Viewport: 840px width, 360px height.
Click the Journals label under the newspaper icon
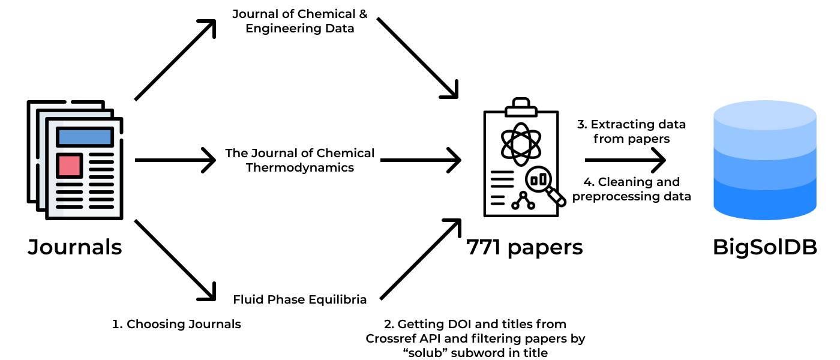tap(75, 247)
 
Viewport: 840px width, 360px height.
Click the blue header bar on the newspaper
tap(85, 137)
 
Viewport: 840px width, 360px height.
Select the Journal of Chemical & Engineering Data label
tap(299, 21)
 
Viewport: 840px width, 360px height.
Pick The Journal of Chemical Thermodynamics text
tap(299, 160)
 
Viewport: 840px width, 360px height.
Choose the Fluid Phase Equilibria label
tap(299, 299)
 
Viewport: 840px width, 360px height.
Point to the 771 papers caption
tap(524, 247)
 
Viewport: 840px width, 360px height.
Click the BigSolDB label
tap(764, 247)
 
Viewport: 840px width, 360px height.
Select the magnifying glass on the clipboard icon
tap(543, 183)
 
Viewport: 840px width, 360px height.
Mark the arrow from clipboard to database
tap(625, 160)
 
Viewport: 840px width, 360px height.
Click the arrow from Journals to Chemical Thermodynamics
tap(175, 160)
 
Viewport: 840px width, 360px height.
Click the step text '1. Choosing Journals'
tap(176, 324)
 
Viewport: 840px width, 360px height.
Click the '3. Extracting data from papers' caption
tap(631, 131)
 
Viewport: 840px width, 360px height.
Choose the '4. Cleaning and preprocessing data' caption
tap(631, 189)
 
